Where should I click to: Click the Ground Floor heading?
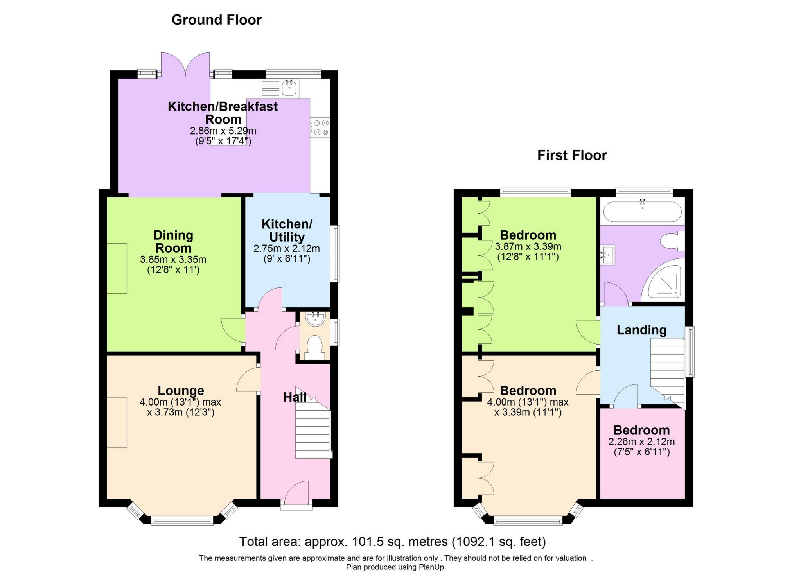[216, 20]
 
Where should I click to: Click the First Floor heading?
[572, 155]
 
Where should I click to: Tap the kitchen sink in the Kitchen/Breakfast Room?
[289, 88]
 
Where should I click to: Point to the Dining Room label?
[173, 241]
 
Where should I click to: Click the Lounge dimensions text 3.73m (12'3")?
[181, 412]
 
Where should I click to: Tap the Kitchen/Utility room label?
[287, 230]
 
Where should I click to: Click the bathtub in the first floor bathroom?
[642, 211]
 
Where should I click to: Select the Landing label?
[641, 330]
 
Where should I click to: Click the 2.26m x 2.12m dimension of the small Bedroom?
[641, 442]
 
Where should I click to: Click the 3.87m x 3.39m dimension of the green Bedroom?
[528, 247]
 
